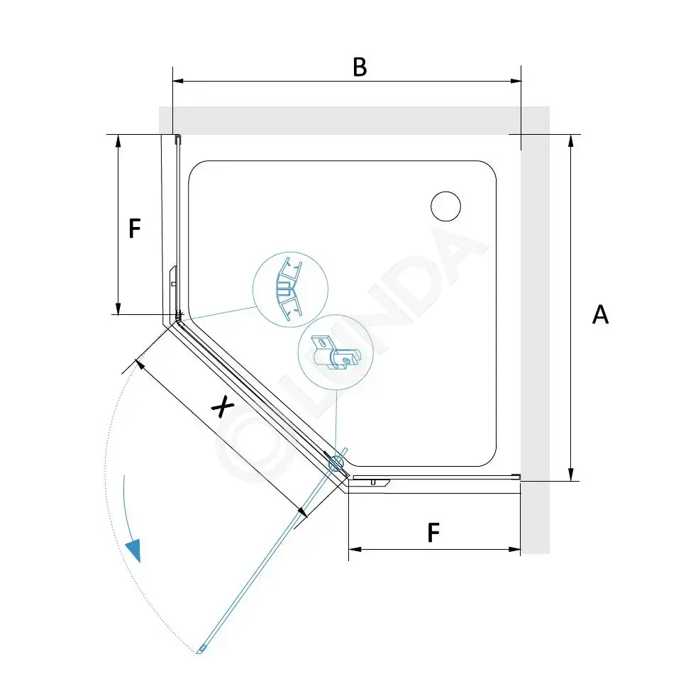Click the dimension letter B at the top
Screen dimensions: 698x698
click(360, 67)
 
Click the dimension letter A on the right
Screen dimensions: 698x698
click(600, 314)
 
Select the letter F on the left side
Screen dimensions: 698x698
click(135, 228)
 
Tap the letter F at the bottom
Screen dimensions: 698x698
click(433, 533)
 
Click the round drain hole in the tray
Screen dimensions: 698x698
click(445, 206)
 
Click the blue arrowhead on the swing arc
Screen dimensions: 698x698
click(133, 550)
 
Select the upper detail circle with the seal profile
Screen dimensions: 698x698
click(290, 289)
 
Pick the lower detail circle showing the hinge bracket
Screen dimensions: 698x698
click(336, 353)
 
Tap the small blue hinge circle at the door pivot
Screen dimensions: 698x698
click(336, 465)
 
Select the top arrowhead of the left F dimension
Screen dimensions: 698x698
click(118, 140)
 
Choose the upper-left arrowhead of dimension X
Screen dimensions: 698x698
click(139, 365)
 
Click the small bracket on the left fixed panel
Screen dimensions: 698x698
click(174, 278)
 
